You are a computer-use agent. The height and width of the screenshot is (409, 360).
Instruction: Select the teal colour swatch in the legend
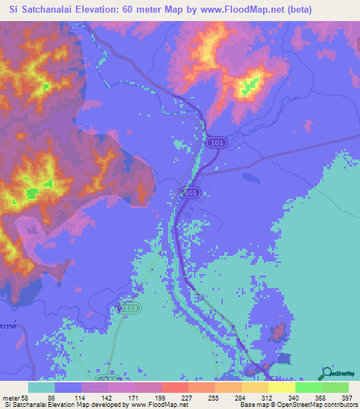click(41, 387)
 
